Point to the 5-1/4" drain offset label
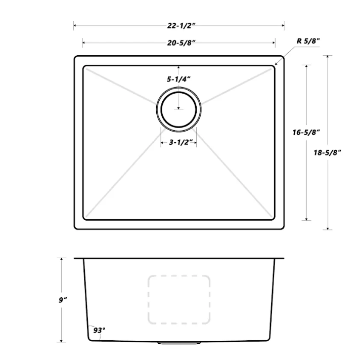(178, 79)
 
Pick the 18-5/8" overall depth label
(330, 152)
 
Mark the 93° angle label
(100, 331)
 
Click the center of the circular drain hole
(178, 109)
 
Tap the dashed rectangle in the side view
(178, 299)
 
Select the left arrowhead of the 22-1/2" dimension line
(75, 24)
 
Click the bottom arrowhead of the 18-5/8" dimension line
(330, 228)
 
